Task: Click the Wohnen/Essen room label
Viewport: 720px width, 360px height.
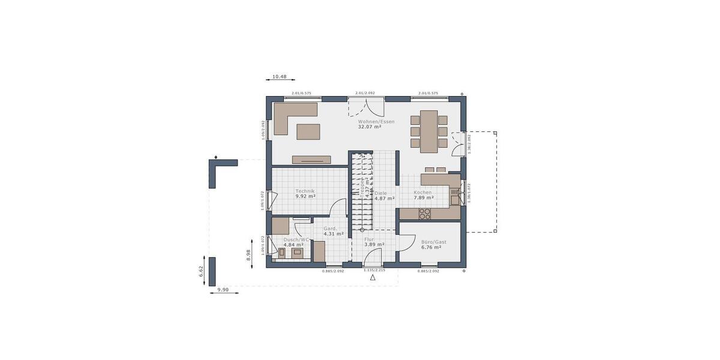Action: coord(376,122)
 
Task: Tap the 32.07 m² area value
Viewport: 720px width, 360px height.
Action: coord(370,127)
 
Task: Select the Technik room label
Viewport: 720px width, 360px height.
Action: coord(305,191)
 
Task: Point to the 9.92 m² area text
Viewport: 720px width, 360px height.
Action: coord(305,196)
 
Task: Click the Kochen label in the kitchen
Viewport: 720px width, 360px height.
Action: coord(422,193)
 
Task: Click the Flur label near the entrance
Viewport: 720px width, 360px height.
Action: coord(369,239)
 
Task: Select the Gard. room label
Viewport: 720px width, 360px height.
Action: coord(330,229)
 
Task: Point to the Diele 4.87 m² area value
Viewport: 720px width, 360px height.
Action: coord(385,198)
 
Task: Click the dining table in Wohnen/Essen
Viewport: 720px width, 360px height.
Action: coord(429,131)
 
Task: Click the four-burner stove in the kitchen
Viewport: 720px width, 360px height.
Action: coord(425,212)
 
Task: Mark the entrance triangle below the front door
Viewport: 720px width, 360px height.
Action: coord(373,278)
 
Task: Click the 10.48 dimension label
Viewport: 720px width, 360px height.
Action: coord(280,77)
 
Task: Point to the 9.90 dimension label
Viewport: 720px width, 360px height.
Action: coord(223,289)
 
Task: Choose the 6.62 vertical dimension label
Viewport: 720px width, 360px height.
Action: coord(202,271)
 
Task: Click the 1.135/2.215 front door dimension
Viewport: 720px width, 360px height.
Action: coord(373,271)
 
